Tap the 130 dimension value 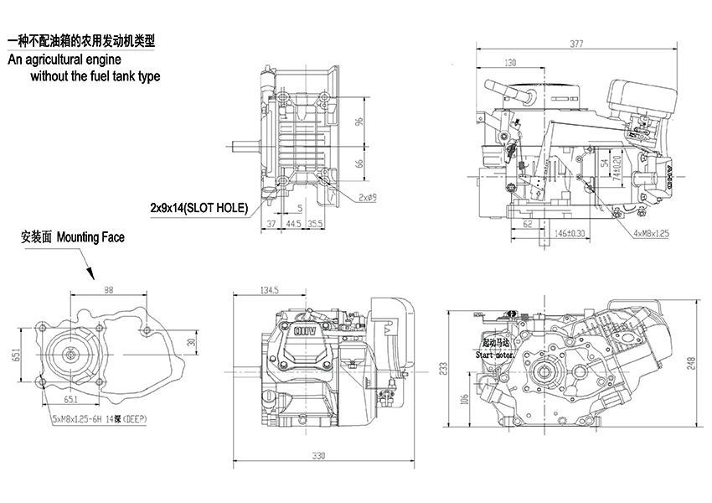511,63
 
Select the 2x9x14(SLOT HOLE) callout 199,207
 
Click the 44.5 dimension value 294,224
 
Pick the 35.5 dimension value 316,224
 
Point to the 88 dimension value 109,290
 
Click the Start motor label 494,355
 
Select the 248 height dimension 690,362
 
